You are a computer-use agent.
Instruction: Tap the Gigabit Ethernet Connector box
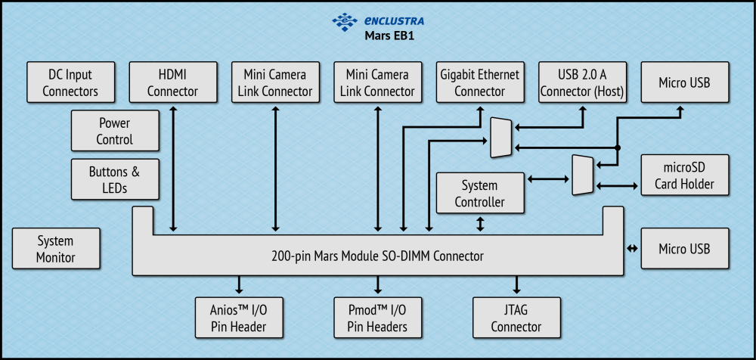point(480,82)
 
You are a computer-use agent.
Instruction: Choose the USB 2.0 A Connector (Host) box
point(582,82)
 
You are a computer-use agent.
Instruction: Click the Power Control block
point(115,131)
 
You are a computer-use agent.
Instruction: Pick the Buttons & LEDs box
point(115,179)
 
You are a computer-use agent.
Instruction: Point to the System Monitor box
point(56,249)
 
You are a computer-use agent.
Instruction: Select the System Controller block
point(479,193)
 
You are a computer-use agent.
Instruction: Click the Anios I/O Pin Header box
point(240,318)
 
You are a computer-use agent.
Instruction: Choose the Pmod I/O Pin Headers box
point(377,318)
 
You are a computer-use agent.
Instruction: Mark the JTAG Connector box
point(516,318)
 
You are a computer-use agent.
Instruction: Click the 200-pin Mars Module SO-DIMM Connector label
point(377,256)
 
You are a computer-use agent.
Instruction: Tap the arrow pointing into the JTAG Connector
point(517,285)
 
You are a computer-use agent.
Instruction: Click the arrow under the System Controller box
point(480,224)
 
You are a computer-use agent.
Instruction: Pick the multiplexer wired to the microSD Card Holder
point(582,175)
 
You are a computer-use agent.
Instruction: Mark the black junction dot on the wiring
point(618,147)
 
